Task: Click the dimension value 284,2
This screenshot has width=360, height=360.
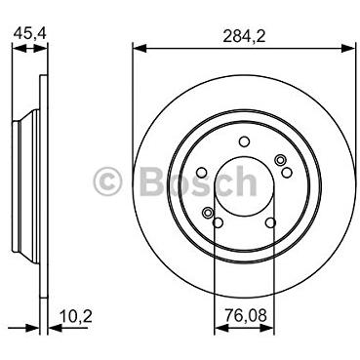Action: (244, 36)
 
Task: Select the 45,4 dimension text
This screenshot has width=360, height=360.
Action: (30, 33)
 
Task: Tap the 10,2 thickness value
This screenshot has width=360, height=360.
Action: (76, 316)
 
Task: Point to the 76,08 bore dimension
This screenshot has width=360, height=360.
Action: (246, 315)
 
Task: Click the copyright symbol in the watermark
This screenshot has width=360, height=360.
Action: (107, 181)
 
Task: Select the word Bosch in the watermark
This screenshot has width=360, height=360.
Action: (198, 181)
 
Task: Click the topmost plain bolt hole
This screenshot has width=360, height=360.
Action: (244, 141)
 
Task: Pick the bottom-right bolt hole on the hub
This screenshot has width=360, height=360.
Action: (270, 222)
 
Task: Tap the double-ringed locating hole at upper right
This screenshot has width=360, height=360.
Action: (280, 160)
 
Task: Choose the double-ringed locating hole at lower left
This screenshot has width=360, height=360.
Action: (207, 213)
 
